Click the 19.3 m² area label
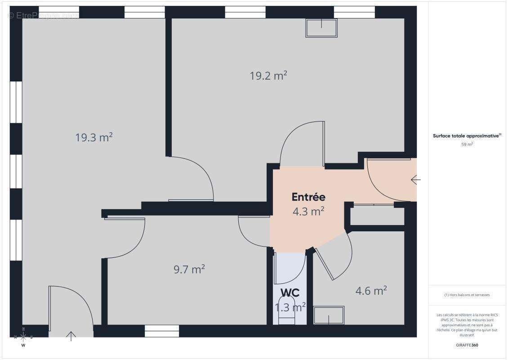click(x=94, y=137)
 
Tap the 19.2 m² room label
click(x=268, y=76)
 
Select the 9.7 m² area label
click(x=189, y=269)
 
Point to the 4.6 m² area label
click(x=371, y=291)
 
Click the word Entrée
click(x=308, y=197)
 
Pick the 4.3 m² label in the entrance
click(x=308, y=211)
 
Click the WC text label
click(x=290, y=293)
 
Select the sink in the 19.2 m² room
click(x=321, y=28)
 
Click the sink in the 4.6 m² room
click(x=329, y=315)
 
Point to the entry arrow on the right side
click(x=415, y=180)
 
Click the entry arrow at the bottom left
click(x=71, y=336)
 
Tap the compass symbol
click(x=23, y=337)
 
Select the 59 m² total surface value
click(x=467, y=144)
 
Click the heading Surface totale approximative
click(x=467, y=135)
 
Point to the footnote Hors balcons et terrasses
click(x=467, y=295)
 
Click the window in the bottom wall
click(x=162, y=331)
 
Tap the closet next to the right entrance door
click(x=377, y=216)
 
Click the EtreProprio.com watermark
click(x=43, y=15)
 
